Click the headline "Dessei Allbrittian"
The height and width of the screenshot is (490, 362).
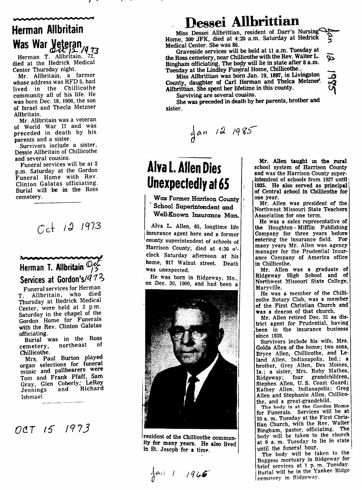(242, 21)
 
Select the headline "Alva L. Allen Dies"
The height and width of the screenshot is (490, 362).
(185, 168)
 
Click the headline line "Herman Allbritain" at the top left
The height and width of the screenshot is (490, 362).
(47, 30)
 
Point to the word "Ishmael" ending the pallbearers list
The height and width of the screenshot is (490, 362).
(33, 396)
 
